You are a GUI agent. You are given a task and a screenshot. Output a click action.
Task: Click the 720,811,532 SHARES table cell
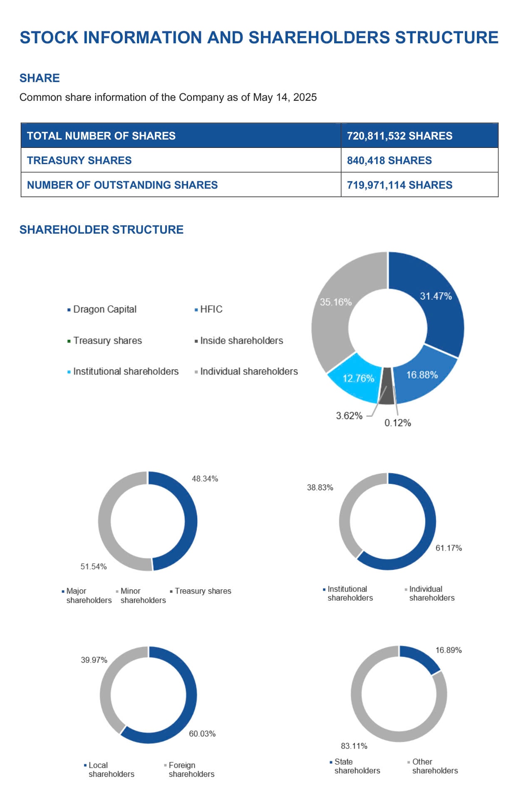click(x=399, y=136)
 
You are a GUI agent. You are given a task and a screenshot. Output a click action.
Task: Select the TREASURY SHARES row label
click(x=79, y=160)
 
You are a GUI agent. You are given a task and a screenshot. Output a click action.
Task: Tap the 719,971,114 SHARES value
click(x=399, y=185)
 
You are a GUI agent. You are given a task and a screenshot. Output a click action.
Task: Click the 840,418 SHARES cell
click(x=389, y=160)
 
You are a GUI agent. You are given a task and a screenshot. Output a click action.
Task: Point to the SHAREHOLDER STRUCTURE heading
click(x=101, y=229)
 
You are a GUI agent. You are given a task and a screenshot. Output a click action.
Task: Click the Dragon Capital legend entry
click(x=104, y=309)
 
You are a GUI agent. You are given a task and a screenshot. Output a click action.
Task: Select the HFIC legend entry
click(x=211, y=309)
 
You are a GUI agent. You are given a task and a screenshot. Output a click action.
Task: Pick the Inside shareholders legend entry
click(x=241, y=341)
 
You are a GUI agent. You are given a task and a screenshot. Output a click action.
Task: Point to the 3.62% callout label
click(x=349, y=416)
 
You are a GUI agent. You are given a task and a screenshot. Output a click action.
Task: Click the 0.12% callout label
click(x=397, y=423)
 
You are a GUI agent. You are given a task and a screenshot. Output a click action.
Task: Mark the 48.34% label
click(x=205, y=479)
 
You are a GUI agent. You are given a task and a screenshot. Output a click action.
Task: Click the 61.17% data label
click(x=449, y=548)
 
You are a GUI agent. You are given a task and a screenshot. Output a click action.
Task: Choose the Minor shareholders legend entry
click(x=142, y=596)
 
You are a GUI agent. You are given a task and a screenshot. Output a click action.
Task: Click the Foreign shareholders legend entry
click(x=191, y=769)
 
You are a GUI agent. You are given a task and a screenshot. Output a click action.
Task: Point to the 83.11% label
click(x=354, y=746)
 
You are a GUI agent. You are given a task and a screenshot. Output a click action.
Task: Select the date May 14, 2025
click(x=285, y=97)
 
